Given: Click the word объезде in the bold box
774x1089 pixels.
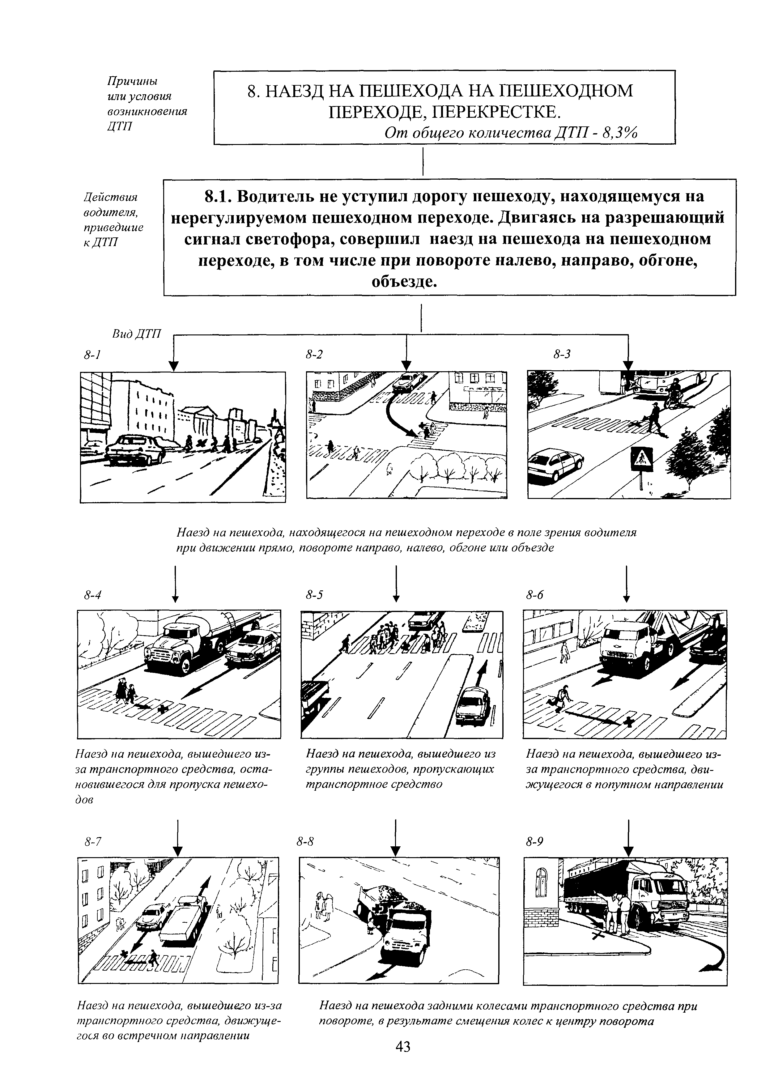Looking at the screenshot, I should tap(404, 282).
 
